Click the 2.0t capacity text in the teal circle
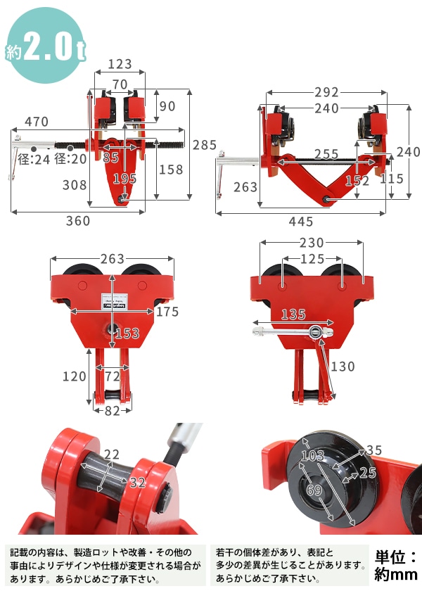[x=54, y=46]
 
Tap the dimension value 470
[x=37, y=122]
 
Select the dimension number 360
[x=78, y=220]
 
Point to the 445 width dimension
[x=301, y=221]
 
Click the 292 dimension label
[x=326, y=92]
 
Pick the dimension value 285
[x=205, y=145]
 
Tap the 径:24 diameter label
[x=34, y=159]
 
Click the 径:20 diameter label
[x=70, y=159]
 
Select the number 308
[x=75, y=184]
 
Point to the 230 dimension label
[x=312, y=243]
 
